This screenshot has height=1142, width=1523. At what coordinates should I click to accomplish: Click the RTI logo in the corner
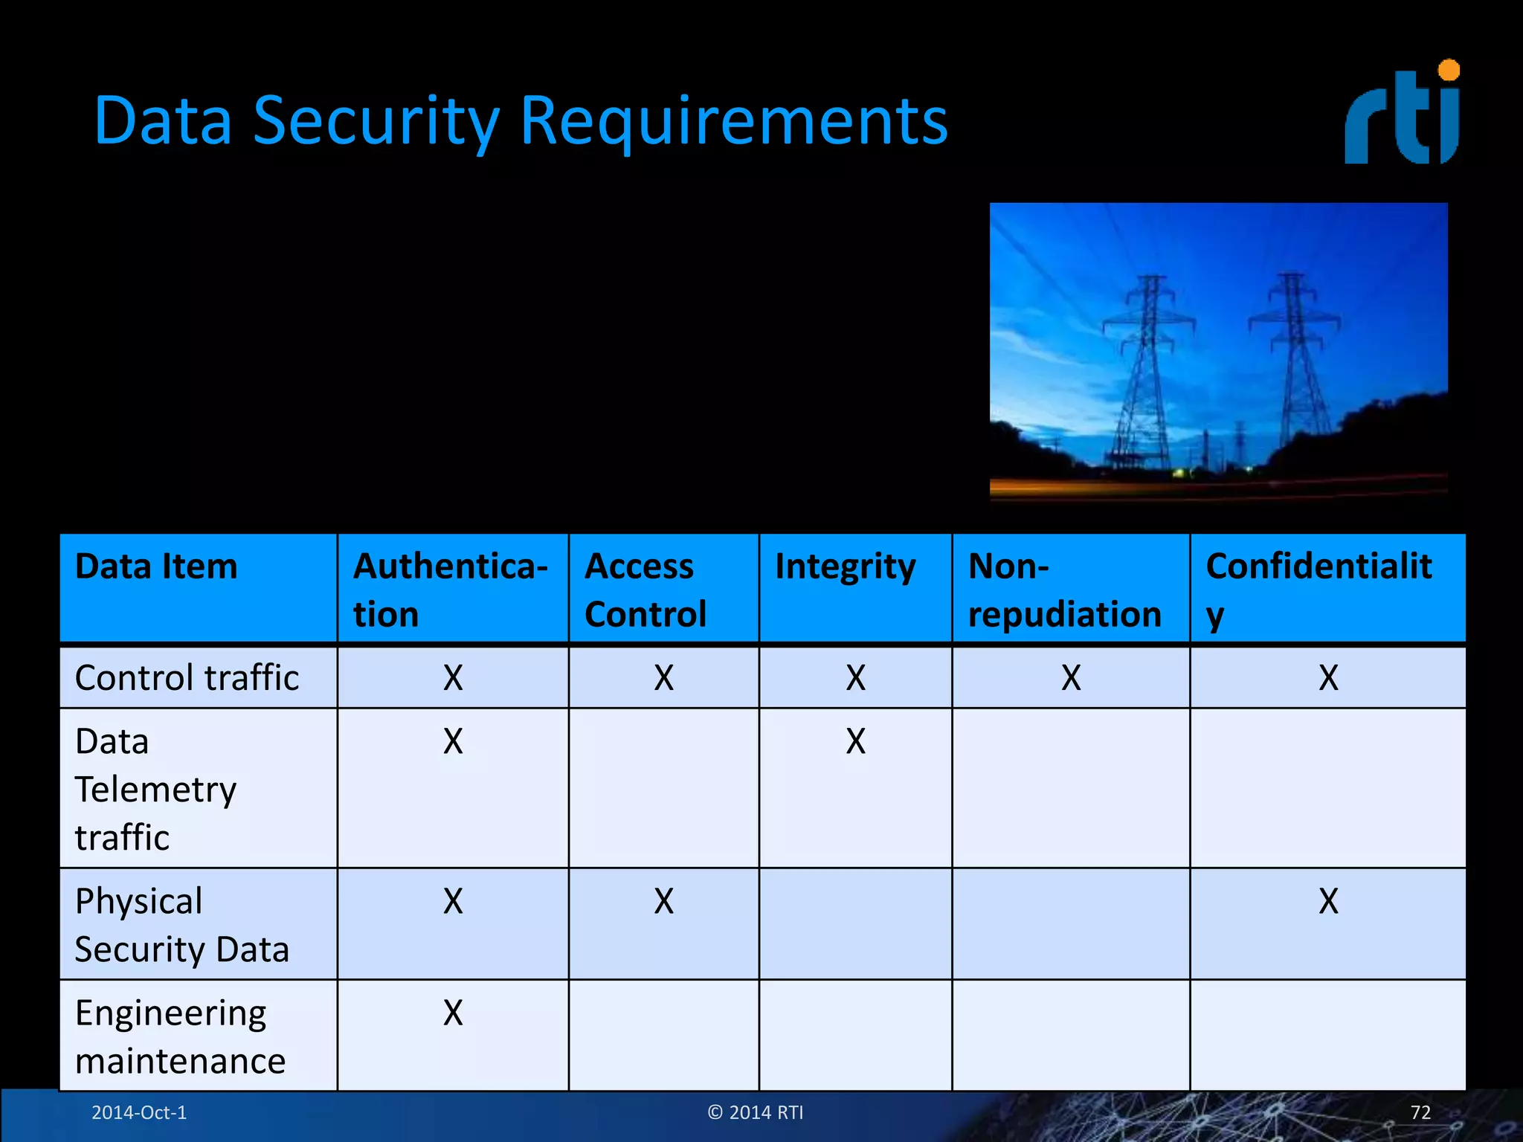[1402, 113]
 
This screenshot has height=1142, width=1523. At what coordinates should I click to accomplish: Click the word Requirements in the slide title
[733, 120]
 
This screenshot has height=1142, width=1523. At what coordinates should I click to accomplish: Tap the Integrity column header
[846, 567]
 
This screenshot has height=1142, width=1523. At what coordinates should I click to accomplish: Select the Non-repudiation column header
[1064, 590]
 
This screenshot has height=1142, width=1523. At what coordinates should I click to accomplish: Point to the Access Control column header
[645, 590]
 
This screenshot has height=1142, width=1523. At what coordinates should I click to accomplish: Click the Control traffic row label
[187, 678]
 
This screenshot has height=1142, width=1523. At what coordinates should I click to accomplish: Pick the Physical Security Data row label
[181, 925]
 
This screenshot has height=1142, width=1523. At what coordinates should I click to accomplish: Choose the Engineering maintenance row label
[180, 1036]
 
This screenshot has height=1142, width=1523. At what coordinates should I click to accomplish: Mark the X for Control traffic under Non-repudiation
[1071, 678]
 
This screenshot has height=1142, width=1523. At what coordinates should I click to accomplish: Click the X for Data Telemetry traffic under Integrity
[855, 742]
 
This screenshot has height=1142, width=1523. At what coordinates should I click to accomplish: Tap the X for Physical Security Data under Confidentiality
[1328, 902]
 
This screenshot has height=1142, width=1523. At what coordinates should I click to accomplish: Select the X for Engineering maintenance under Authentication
[453, 1013]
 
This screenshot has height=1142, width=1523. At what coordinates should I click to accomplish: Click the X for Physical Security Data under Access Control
[663, 902]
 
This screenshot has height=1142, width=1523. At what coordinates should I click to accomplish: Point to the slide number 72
[1420, 1112]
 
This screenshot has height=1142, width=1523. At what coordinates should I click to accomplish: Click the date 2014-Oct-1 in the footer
[139, 1112]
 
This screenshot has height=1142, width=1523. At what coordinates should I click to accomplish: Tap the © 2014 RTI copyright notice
[756, 1112]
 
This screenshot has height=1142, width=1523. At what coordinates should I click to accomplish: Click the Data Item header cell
[156, 567]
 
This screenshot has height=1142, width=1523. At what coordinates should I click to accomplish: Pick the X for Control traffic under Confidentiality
[1328, 678]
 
